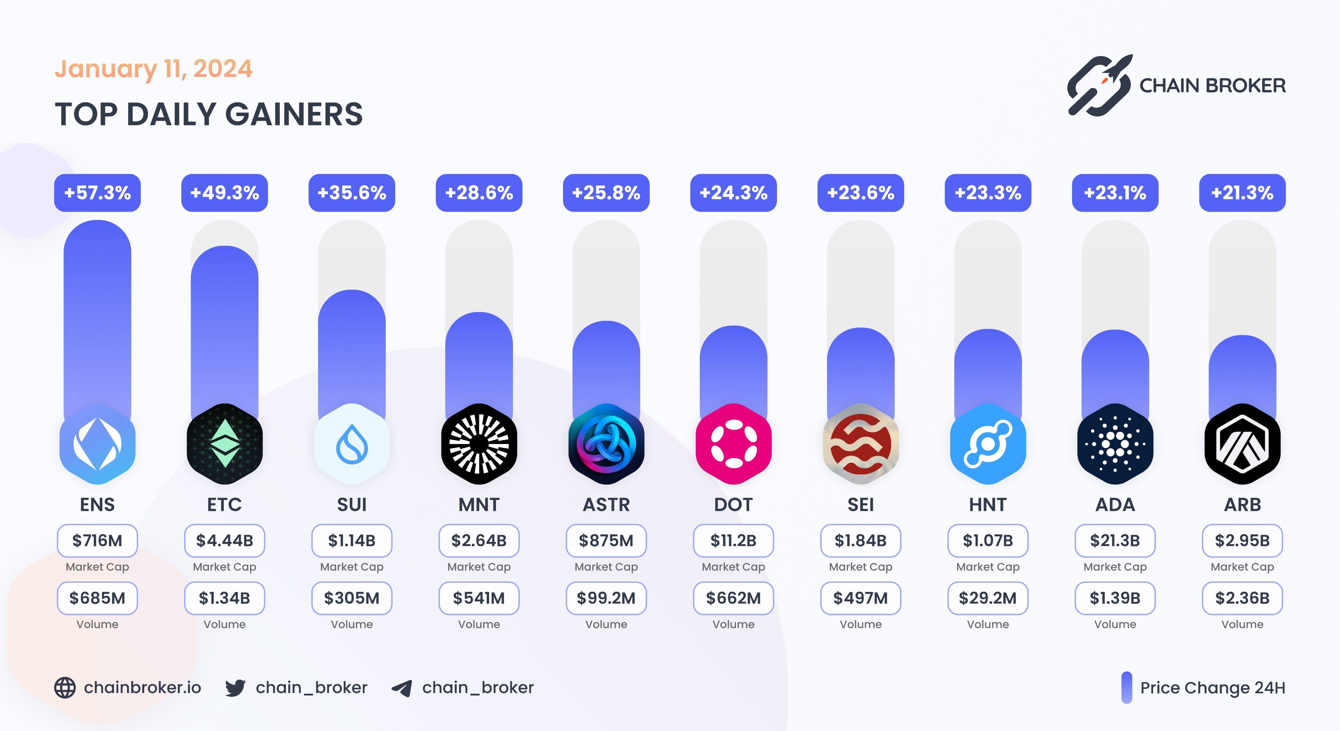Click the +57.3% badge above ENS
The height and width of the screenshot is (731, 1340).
click(x=97, y=193)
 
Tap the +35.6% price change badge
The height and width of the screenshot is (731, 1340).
click(x=352, y=193)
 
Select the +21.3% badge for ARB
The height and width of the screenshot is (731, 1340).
click(x=1242, y=193)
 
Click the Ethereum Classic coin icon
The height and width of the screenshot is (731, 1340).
click(x=225, y=444)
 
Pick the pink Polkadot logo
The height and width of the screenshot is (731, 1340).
click(x=733, y=444)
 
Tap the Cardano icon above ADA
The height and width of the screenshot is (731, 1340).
click(x=1115, y=444)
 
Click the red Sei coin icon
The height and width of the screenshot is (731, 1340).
click(x=860, y=444)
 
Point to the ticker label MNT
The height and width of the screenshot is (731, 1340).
click(x=479, y=505)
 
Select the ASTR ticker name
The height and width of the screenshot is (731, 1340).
click(x=606, y=505)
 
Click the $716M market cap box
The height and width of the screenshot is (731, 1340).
click(x=97, y=541)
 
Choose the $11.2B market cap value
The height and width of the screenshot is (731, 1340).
click(x=733, y=541)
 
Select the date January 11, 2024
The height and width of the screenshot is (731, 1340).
click(x=153, y=69)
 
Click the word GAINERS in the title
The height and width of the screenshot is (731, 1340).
click(x=294, y=115)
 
